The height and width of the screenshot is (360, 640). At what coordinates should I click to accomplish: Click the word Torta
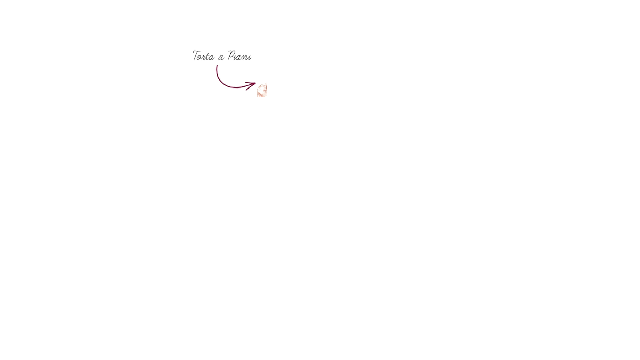(x=203, y=55)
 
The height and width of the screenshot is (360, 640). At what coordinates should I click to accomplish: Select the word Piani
(x=239, y=55)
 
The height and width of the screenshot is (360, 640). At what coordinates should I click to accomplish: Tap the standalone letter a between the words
(x=221, y=58)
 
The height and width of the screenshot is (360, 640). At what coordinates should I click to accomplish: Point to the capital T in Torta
(x=196, y=55)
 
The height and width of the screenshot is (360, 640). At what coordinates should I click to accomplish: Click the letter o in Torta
(x=202, y=58)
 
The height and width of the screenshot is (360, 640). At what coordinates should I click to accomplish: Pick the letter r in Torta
(x=205, y=58)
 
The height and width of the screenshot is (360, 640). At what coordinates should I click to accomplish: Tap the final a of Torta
(x=212, y=58)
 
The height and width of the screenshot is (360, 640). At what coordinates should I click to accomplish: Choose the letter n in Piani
(x=246, y=58)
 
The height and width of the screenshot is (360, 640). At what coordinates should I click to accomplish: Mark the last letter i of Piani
(x=250, y=58)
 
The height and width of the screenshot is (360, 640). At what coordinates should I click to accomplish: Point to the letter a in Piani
(x=241, y=58)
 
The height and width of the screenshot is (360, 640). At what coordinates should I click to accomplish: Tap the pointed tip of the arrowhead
(x=255, y=83)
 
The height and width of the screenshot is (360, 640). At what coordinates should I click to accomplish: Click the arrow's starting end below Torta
(x=217, y=66)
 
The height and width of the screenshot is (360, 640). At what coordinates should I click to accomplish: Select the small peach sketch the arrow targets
(x=262, y=90)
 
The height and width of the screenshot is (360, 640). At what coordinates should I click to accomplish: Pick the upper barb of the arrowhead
(x=251, y=83)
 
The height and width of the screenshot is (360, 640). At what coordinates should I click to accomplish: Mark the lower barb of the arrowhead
(x=251, y=86)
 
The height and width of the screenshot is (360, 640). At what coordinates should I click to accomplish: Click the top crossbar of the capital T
(x=196, y=51)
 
